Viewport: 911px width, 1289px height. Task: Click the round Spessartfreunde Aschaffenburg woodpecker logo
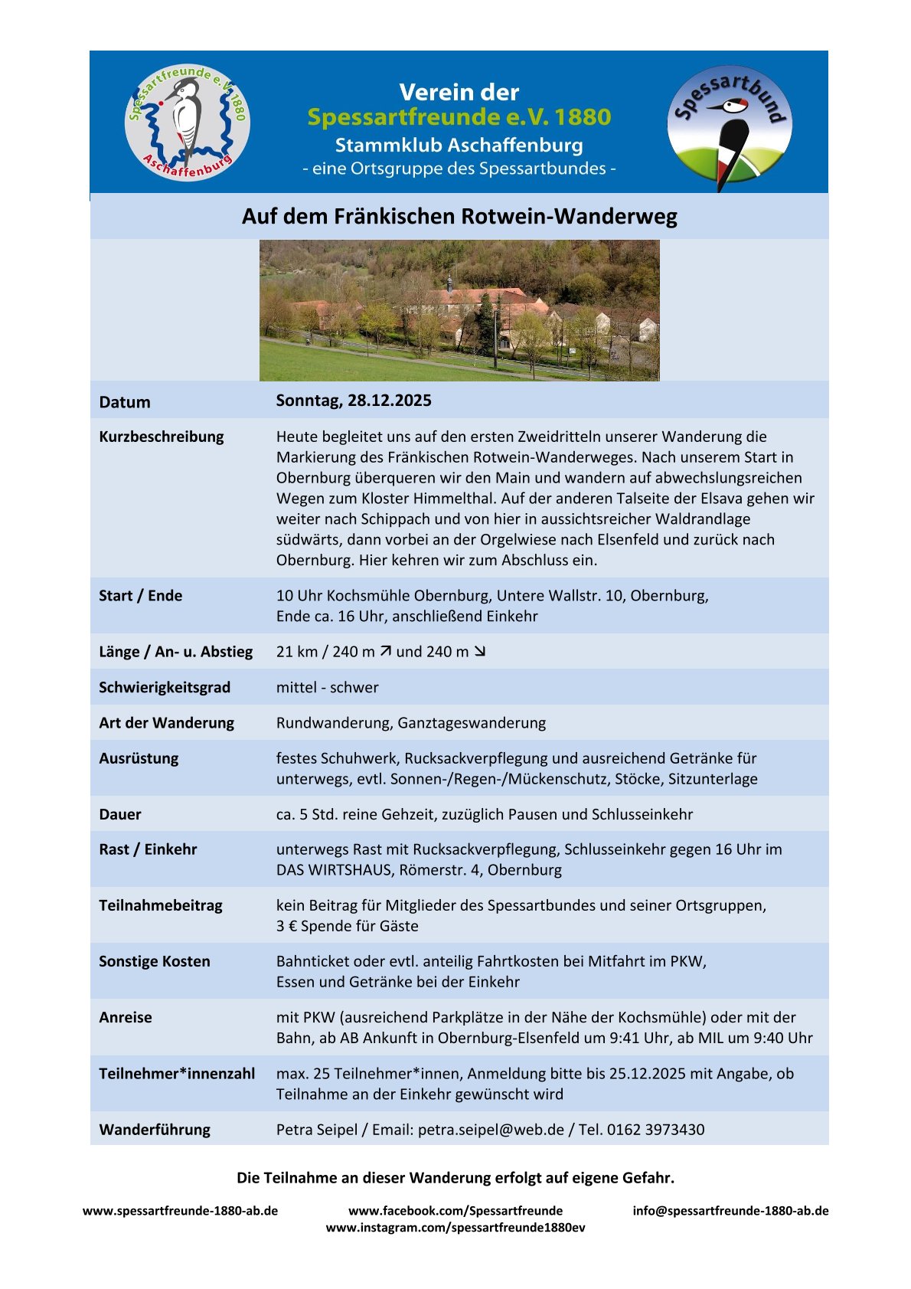[x=188, y=123]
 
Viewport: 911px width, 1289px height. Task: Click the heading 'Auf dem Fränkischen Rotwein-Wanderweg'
[x=459, y=217]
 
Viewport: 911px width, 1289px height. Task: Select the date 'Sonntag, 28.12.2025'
[x=354, y=401]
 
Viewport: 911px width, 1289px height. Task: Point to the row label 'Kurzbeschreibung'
[x=162, y=437]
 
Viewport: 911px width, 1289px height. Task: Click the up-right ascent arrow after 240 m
[x=386, y=651]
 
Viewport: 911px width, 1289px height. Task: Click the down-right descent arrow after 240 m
[x=480, y=651]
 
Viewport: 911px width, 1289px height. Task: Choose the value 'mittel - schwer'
[x=327, y=687]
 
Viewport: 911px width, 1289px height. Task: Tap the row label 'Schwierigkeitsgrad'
[x=165, y=687]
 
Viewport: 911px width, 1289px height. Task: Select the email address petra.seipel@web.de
[x=491, y=1129]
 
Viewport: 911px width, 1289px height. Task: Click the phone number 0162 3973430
[x=655, y=1129]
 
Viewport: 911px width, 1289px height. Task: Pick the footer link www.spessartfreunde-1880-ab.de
[x=180, y=1211]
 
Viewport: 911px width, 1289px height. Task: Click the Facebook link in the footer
[x=455, y=1211]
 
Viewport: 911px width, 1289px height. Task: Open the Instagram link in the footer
[x=455, y=1228]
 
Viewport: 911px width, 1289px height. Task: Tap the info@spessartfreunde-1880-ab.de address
[x=730, y=1211]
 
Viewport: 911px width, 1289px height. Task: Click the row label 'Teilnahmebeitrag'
[x=161, y=905]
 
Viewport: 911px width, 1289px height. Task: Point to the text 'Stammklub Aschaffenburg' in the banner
[x=459, y=146]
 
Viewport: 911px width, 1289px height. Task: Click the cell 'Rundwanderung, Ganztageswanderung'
[x=411, y=722]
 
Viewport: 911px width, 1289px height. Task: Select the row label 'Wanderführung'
[x=155, y=1129]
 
